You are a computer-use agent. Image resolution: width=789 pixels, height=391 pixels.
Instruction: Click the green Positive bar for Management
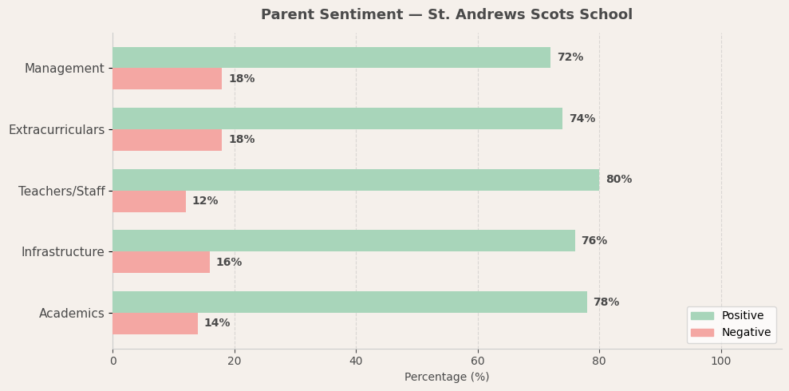[x=331, y=57]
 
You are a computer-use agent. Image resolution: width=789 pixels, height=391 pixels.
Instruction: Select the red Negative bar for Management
[x=168, y=79]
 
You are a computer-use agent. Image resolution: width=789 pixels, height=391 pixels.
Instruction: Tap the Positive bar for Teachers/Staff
[x=356, y=180]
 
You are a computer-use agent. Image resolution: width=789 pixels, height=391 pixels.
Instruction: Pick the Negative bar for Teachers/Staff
[x=149, y=201]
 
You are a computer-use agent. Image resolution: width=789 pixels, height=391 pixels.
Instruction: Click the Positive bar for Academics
[x=349, y=302]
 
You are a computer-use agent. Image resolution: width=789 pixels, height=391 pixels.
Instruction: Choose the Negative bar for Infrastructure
[x=161, y=263]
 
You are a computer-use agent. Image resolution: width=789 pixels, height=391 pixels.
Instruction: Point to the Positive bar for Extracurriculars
[x=337, y=119]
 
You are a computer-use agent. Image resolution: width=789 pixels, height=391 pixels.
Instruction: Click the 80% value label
[x=618, y=180]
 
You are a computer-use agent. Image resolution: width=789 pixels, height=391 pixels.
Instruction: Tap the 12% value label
[x=205, y=201]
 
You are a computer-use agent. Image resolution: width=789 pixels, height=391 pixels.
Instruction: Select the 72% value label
[x=570, y=57]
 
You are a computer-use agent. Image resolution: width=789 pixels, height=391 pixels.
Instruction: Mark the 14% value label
[x=217, y=323]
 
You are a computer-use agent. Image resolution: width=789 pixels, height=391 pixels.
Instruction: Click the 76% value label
[x=594, y=241]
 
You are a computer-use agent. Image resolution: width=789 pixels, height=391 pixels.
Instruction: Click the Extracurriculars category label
[x=57, y=130]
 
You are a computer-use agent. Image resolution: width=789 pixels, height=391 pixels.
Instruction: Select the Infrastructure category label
[x=63, y=252]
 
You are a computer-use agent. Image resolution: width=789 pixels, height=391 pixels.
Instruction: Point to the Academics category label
[x=72, y=314]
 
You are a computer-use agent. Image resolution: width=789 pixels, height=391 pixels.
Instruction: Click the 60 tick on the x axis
[x=478, y=361]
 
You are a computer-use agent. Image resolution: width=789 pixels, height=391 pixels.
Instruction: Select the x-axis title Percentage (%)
[x=447, y=377]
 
